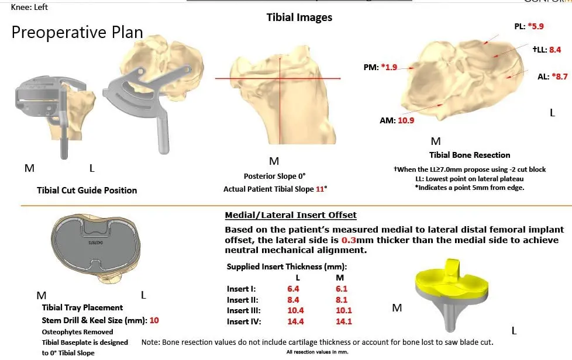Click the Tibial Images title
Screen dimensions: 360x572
click(x=299, y=17)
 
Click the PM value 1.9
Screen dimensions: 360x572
click(x=388, y=67)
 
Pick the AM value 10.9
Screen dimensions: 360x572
click(x=406, y=120)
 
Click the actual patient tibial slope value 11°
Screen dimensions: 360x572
click(x=321, y=189)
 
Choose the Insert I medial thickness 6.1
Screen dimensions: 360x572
click(x=341, y=288)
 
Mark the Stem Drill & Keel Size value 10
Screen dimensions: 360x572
click(x=154, y=320)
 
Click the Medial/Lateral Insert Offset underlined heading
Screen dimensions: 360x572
click(x=291, y=215)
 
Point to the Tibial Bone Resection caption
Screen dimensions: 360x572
click(x=470, y=155)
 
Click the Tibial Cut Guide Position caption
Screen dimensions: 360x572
click(x=87, y=190)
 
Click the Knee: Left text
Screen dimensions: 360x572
click(x=29, y=7)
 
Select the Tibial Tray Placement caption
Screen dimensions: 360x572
click(x=82, y=307)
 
